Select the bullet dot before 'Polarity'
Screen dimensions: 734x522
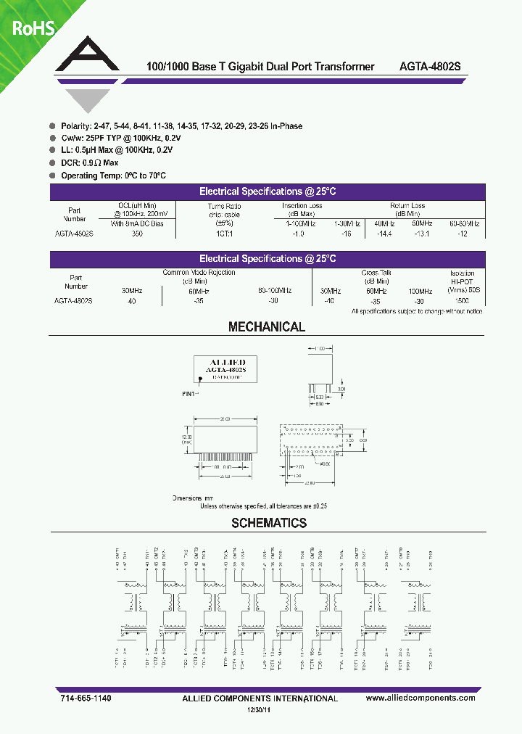pyautogui.click(x=53, y=126)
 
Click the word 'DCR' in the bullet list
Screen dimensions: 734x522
pyautogui.click(x=71, y=163)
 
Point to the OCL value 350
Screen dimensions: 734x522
pyautogui.click(x=137, y=234)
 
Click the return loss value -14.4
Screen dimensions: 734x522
pyautogui.click(x=384, y=234)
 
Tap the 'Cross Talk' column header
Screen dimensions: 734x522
pyautogui.click(x=375, y=273)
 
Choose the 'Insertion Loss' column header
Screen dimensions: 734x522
pyautogui.click(x=302, y=206)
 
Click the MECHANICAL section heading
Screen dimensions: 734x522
pyautogui.click(x=267, y=327)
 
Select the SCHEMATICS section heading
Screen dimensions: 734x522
pyautogui.click(x=269, y=523)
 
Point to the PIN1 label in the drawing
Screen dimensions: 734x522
pyautogui.click(x=191, y=393)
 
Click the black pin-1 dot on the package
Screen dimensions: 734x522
pyautogui.click(x=200, y=378)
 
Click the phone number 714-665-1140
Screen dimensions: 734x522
pyautogui.click(x=83, y=698)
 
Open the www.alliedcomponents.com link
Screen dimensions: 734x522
pyautogui.click(x=420, y=698)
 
